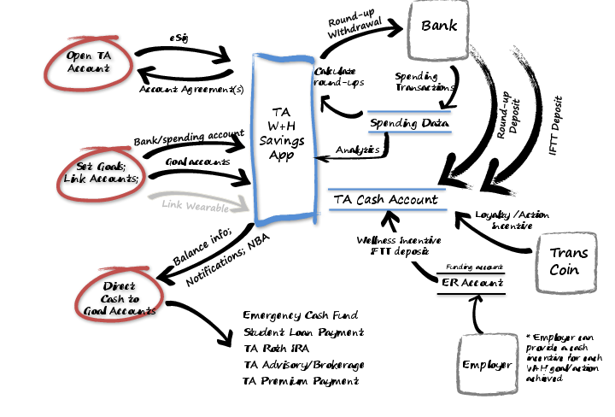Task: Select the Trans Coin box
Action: pos(567,261)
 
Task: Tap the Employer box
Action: pos(488,365)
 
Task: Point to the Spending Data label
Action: pos(409,124)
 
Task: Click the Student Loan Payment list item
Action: pos(303,332)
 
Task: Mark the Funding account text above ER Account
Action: pos(470,266)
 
